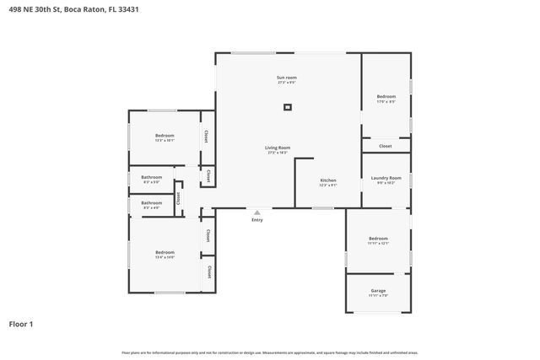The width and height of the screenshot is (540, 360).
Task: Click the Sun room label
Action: (x=287, y=78)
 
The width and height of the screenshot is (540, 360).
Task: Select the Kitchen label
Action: (x=328, y=180)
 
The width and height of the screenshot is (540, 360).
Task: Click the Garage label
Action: (x=378, y=291)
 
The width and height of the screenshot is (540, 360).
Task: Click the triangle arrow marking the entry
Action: (x=257, y=212)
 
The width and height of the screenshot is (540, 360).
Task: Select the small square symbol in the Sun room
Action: (x=288, y=107)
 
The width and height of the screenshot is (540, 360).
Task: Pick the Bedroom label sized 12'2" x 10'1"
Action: (x=165, y=136)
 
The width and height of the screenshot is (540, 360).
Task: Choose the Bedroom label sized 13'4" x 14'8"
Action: (x=165, y=252)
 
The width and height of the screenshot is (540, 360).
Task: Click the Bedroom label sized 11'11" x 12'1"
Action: (x=378, y=239)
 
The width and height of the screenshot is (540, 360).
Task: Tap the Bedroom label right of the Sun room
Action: (x=386, y=97)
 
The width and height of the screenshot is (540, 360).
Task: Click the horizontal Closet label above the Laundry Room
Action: (x=386, y=146)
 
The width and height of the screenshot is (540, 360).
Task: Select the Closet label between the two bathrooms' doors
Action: (x=179, y=197)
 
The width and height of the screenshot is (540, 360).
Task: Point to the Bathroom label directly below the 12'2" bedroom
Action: (x=152, y=178)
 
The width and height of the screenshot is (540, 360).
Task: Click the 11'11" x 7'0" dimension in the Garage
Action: (x=378, y=296)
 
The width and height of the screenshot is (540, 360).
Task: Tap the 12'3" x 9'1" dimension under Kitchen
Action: (x=328, y=185)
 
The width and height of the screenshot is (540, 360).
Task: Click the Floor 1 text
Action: (x=21, y=324)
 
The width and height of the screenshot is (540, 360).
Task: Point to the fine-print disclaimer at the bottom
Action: (x=269, y=352)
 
